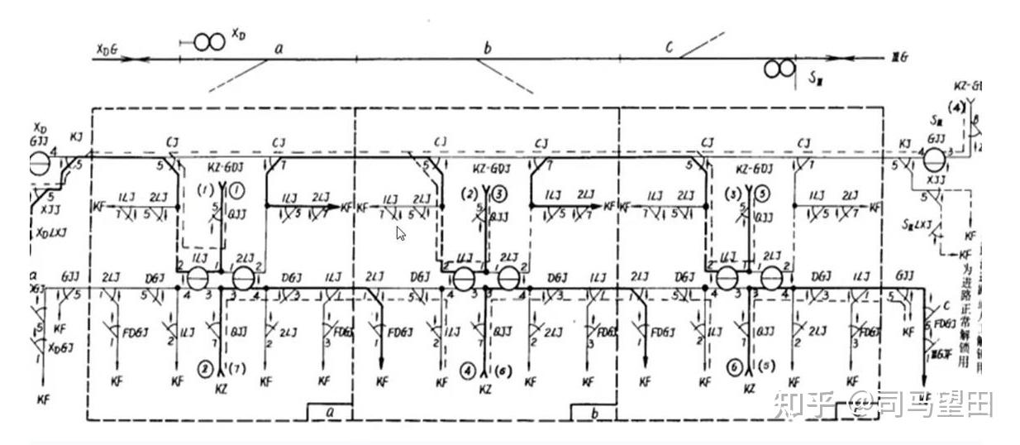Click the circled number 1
(236, 190)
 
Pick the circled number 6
(732, 366)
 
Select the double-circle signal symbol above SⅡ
(778, 69)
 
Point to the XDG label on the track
(107, 51)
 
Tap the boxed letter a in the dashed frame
(330, 410)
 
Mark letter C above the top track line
(670, 46)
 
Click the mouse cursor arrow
(400, 233)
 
